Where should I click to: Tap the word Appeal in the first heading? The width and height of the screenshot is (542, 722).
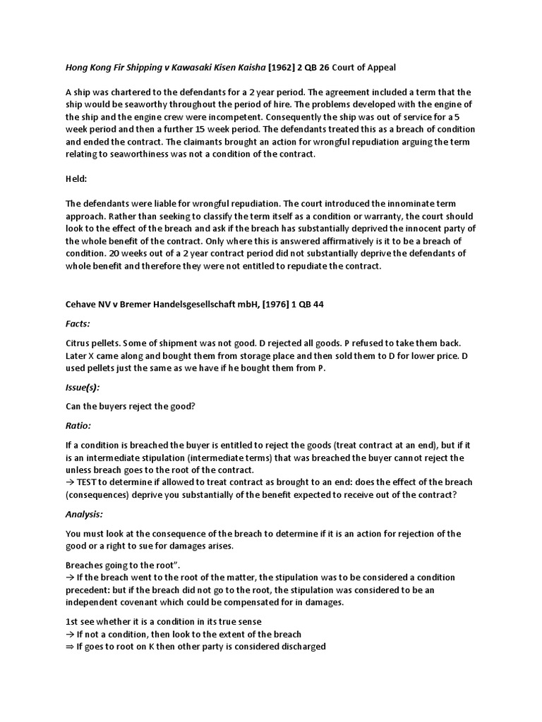click(379, 68)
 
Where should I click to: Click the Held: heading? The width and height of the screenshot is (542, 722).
click(76, 179)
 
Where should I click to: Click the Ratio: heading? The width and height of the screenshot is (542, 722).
click(78, 425)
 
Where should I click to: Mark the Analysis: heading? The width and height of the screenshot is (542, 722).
click(84, 514)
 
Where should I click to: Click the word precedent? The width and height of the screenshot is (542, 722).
click(89, 590)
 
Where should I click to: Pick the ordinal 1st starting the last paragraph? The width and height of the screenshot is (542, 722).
click(72, 621)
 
